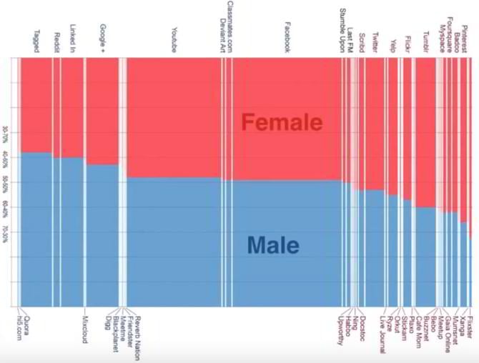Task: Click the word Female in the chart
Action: point(282,122)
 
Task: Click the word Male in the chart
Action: point(274,246)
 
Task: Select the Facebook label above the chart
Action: point(287,37)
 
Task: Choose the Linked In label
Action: point(72,39)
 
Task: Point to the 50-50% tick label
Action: point(6,182)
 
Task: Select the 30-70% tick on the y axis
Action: point(6,136)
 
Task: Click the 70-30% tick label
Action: point(6,234)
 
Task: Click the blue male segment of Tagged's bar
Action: point(36,229)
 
